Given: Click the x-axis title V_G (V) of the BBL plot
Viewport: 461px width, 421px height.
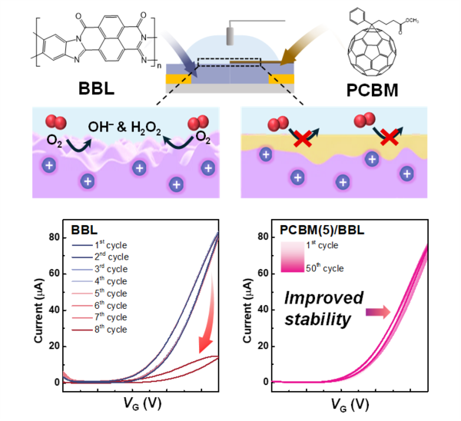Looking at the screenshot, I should tap(141, 403).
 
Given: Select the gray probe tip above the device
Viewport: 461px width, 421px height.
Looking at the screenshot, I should tap(230, 38).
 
